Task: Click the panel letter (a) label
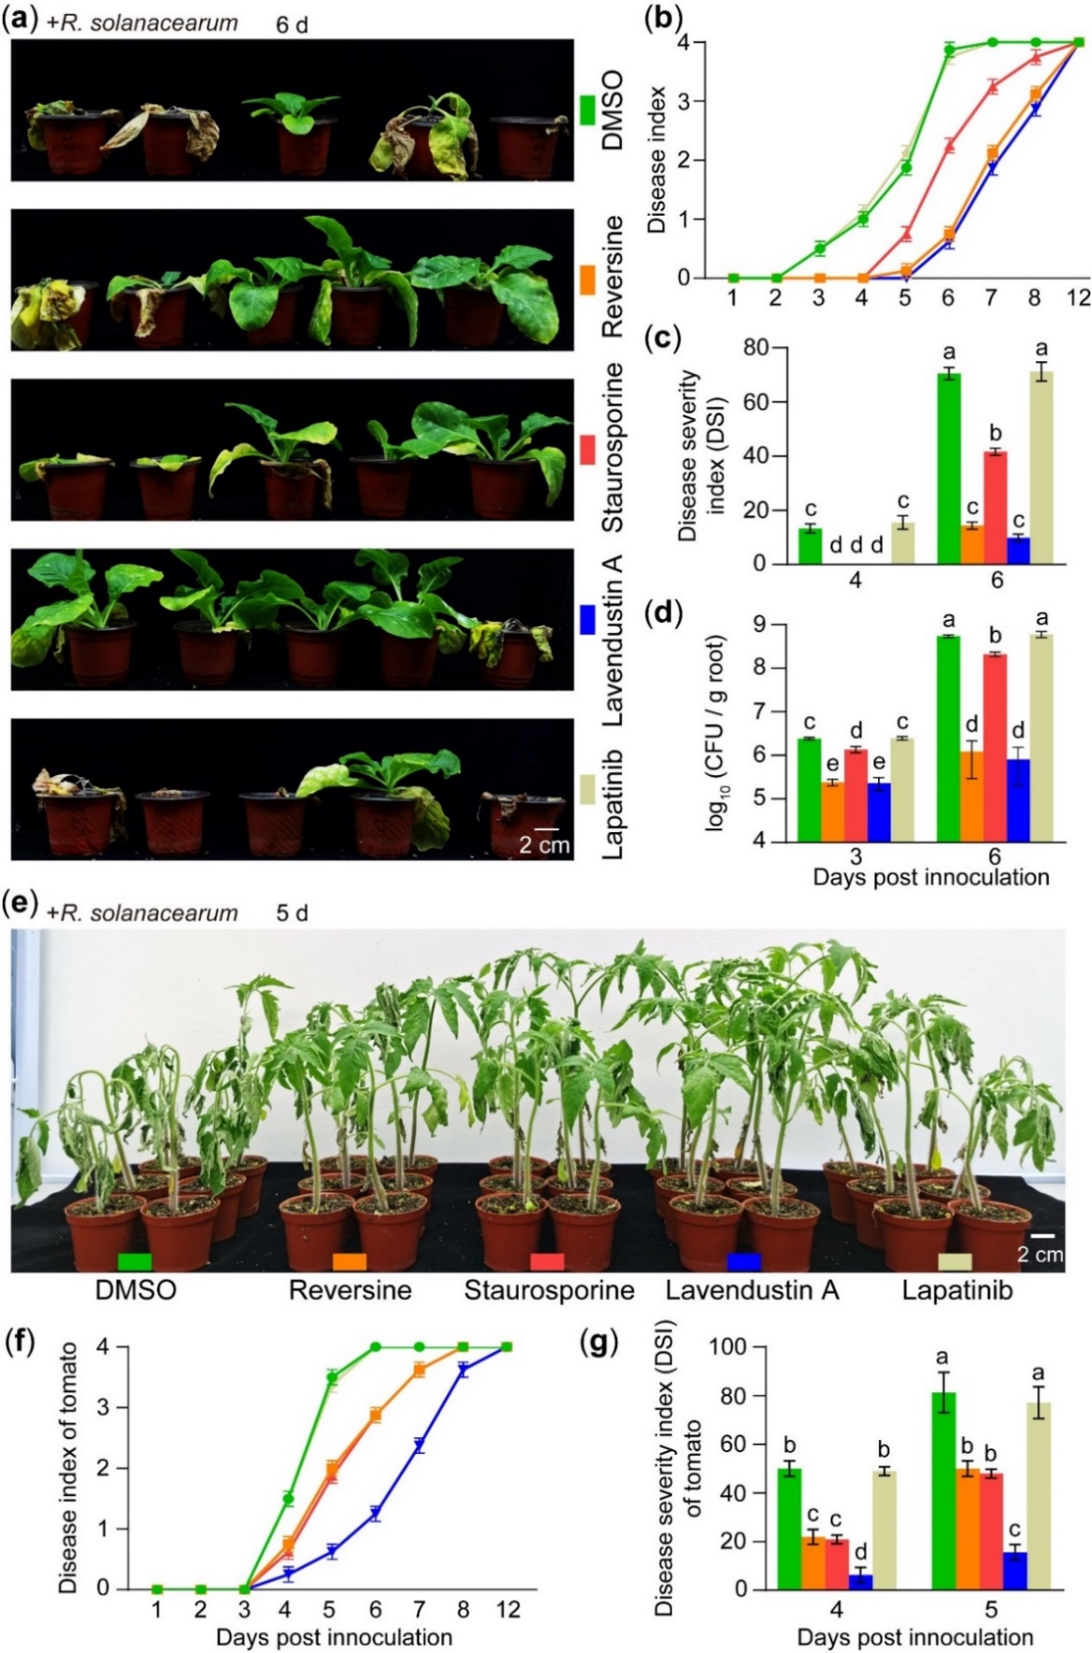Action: [x=20, y=21]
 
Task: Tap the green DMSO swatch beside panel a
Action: [x=588, y=110]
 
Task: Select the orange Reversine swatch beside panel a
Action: [x=588, y=280]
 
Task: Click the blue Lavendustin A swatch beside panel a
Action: [x=588, y=619]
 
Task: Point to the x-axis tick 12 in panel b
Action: [x=1078, y=297]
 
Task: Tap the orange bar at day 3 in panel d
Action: [x=831, y=812]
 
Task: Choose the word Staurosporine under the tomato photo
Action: [x=549, y=1290]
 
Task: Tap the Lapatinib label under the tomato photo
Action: [x=957, y=1290]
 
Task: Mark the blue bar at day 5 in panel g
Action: [x=1015, y=1570]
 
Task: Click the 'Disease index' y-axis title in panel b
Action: [x=657, y=159]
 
